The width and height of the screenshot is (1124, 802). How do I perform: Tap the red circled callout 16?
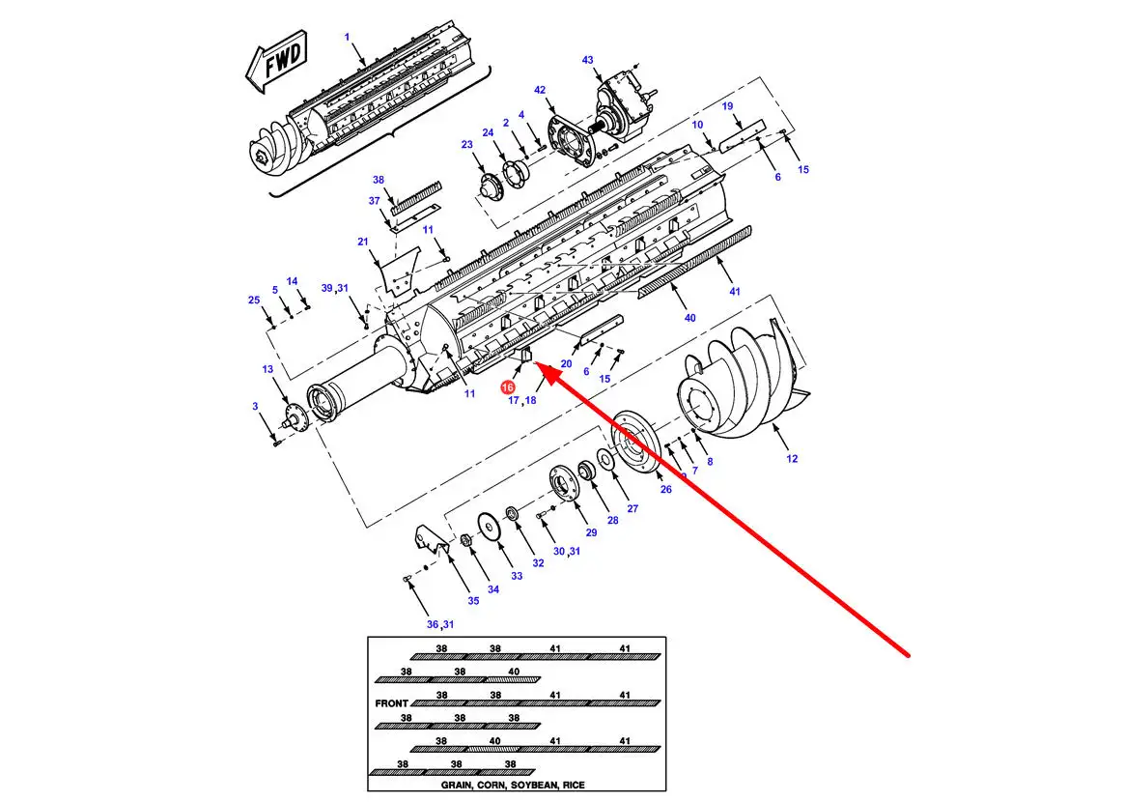(508, 387)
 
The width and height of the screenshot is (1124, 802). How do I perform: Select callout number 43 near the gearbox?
(588, 60)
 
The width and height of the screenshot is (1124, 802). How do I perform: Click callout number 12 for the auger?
(792, 458)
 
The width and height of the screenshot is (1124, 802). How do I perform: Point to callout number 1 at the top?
(347, 38)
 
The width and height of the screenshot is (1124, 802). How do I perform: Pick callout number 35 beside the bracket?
(473, 600)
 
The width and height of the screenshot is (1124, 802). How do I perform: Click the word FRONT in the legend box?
(391, 703)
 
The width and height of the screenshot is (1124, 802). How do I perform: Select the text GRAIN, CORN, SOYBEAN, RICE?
(513, 785)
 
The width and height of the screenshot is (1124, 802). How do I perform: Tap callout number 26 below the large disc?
(666, 489)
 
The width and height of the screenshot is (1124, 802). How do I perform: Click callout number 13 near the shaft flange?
(267, 369)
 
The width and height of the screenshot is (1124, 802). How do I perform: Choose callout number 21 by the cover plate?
(363, 242)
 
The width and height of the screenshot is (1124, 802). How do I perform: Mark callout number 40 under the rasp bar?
(689, 318)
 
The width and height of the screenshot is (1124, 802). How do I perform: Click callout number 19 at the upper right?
(727, 106)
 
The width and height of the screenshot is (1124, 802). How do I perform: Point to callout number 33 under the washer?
(517, 576)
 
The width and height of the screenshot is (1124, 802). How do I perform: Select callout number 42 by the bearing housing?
(540, 91)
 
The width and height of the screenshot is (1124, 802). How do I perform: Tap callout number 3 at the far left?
(255, 406)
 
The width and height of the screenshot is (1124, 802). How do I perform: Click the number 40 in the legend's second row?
(514, 673)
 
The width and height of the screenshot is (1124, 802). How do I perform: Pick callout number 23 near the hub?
(467, 145)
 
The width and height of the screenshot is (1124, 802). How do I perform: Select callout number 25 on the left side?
(254, 300)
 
